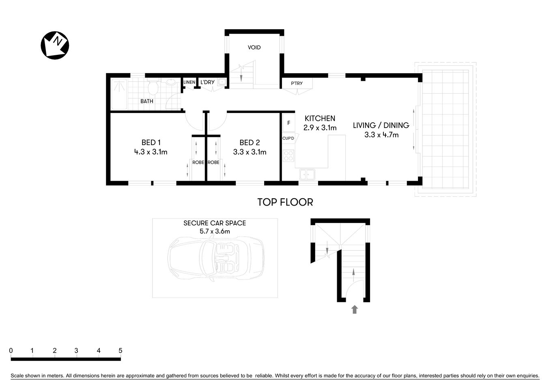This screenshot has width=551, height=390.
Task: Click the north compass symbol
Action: (55, 45)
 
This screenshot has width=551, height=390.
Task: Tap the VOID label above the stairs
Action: (254, 48)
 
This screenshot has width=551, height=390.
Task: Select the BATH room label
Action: (146, 101)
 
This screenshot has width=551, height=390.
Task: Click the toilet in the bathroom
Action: (153, 87)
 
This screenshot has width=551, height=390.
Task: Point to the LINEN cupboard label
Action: (189, 82)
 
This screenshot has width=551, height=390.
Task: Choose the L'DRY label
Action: (207, 82)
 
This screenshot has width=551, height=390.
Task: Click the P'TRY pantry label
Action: (297, 84)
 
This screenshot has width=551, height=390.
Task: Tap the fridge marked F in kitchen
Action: (288, 123)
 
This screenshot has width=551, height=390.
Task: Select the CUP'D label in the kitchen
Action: (288, 139)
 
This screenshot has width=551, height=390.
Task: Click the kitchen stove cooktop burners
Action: (288, 156)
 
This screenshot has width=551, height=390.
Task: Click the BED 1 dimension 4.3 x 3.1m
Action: (151, 152)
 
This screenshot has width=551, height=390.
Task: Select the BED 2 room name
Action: (250, 143)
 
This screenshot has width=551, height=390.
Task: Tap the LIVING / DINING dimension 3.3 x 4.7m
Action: (381, 135)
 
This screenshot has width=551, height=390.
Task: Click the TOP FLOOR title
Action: (285, 202)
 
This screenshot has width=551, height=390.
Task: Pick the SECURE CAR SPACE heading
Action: (215, 223)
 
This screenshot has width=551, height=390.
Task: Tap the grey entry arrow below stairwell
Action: (355, 310)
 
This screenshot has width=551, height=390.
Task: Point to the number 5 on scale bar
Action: (120, 351)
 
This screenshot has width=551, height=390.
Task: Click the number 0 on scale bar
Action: (11, 351)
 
